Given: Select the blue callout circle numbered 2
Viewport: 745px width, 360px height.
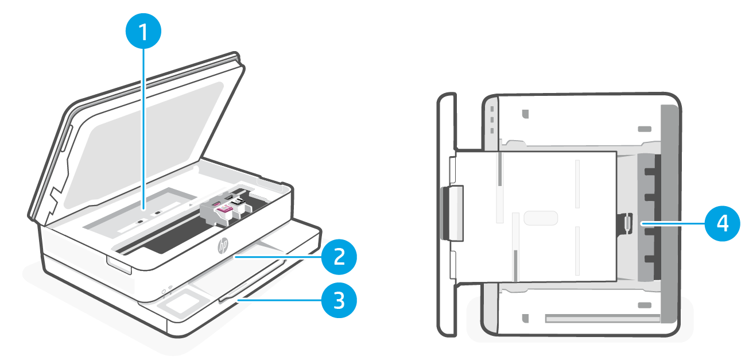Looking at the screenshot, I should coord(339,257).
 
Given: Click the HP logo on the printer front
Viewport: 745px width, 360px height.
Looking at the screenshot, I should coord(223,247).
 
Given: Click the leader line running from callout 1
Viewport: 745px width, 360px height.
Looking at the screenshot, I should coord(143,132).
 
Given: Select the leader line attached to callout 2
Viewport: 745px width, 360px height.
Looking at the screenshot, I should coord(276,258).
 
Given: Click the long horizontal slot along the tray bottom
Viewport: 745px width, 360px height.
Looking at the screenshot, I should coord(602,316).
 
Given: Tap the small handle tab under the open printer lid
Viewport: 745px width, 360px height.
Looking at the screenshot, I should coord(119,265).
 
